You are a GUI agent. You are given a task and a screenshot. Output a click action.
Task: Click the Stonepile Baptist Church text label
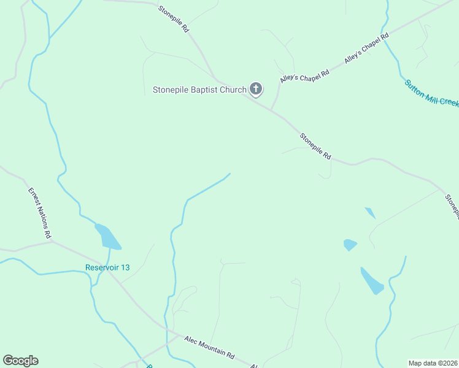199,90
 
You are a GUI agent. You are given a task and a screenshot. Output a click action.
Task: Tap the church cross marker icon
256,90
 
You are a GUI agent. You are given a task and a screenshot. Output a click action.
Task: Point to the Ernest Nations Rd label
40,213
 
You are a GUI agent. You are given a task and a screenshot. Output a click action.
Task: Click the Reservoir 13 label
107,267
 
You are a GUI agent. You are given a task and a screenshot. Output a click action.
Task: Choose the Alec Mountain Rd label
209,347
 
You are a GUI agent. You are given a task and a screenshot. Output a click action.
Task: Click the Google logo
20,361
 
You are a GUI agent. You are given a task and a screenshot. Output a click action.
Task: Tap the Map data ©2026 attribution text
433,362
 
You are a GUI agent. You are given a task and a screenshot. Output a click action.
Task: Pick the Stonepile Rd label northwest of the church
173,19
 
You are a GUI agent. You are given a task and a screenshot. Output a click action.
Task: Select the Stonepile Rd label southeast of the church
315,147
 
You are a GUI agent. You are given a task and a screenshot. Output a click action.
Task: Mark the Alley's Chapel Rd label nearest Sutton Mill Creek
367,48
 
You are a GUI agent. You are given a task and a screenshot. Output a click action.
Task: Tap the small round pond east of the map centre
350,245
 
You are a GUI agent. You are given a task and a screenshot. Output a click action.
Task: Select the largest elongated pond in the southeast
372,281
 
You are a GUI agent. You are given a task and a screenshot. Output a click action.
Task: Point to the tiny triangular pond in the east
370,213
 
